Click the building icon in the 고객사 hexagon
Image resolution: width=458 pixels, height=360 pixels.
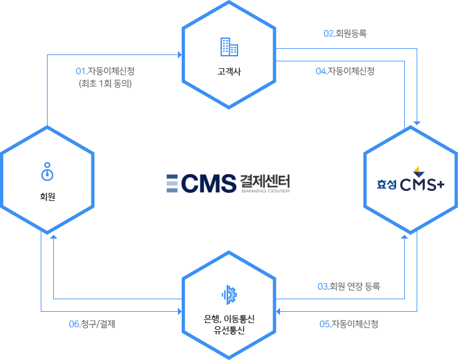[x=229, y=46]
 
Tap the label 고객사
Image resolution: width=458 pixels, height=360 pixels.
[x=229, y=71]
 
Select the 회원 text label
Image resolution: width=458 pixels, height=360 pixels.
[x=47, y=197]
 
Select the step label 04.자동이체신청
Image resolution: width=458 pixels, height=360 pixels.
[x=345, y=71]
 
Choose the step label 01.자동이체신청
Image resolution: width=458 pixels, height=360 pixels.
[x=105, y=71]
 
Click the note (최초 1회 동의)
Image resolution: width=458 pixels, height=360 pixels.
[x=105, y=83]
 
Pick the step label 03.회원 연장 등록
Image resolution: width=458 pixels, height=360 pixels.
[x=349, y=287]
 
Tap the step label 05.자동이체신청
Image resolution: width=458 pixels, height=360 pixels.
[x=349, y=324]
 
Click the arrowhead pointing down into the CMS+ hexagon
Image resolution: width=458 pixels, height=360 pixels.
[x=417, y=123]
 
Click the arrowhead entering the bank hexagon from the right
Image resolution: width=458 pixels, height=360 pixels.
[x=279, y=311]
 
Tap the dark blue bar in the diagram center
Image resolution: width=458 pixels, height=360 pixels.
[x=209, y=183]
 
